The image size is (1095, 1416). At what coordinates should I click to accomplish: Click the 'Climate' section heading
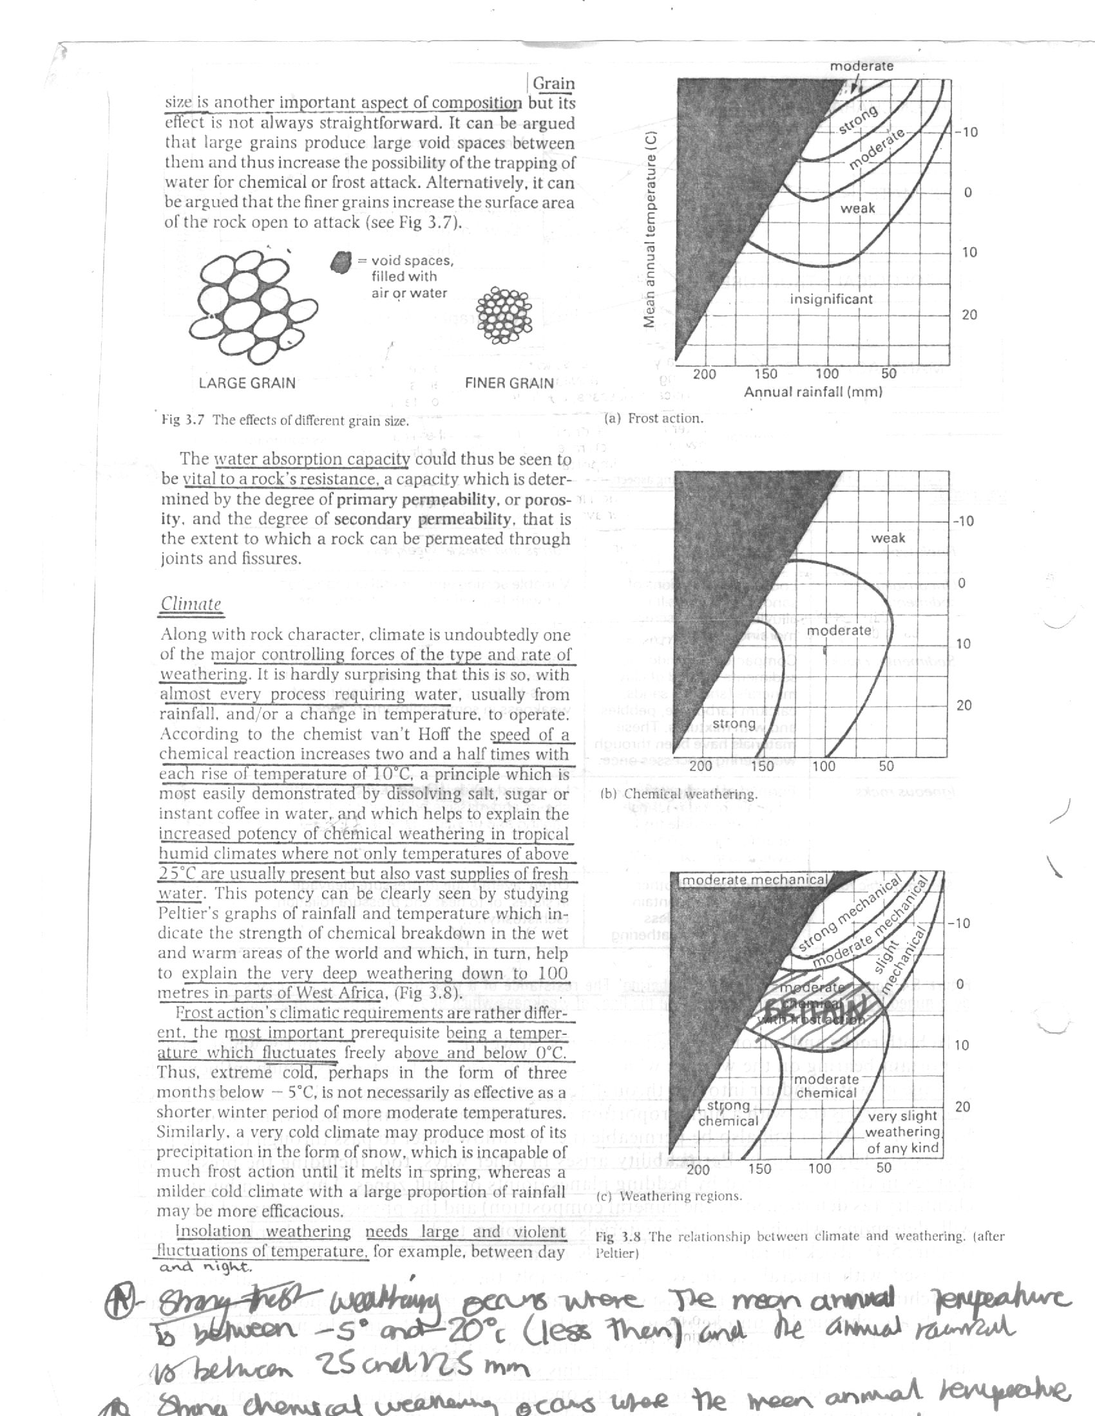pos(191,604)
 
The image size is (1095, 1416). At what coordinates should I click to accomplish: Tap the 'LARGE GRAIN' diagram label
pos(247,382)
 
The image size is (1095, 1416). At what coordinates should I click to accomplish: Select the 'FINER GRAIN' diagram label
pos(509,382)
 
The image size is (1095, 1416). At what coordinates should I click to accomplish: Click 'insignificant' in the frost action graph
pos(831,299)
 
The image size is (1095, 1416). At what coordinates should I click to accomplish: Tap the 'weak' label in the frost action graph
pos(857,208)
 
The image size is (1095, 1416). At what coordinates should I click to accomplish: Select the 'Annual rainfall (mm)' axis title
pos(813,391)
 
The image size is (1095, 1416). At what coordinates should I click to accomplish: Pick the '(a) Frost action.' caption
pos(653,418)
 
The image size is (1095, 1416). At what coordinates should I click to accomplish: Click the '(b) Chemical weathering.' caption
pos(678,794)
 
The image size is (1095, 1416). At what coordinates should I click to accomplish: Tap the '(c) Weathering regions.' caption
pos(668,1196)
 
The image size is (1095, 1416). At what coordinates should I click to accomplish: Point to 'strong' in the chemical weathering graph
pos(734,723)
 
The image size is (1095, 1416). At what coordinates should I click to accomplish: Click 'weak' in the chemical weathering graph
pos(888,538)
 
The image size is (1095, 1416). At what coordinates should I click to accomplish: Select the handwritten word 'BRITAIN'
pos(815,1009)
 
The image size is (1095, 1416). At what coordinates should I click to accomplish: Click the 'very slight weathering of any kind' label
pos(902,1132)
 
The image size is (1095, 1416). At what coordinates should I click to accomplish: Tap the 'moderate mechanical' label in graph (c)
pos(752,880)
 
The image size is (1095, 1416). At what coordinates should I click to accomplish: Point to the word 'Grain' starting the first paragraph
pos(553,84)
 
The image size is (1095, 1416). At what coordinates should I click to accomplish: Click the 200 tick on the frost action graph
pos(705,373)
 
